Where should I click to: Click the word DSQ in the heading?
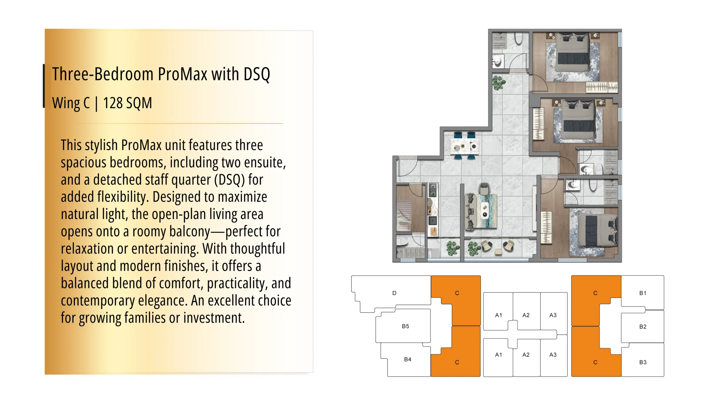click(257, 74)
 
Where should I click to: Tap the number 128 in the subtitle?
click(113, 103)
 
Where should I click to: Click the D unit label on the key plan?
click(394, 293)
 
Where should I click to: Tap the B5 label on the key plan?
click(405, 326)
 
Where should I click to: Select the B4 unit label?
click(407, 359)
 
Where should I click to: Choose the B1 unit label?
click(643, 293)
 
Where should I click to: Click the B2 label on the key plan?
click(643, 327)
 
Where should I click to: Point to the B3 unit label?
click(643, 362)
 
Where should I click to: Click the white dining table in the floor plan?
click(465, 146)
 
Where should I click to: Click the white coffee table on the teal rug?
click(485, 211)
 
